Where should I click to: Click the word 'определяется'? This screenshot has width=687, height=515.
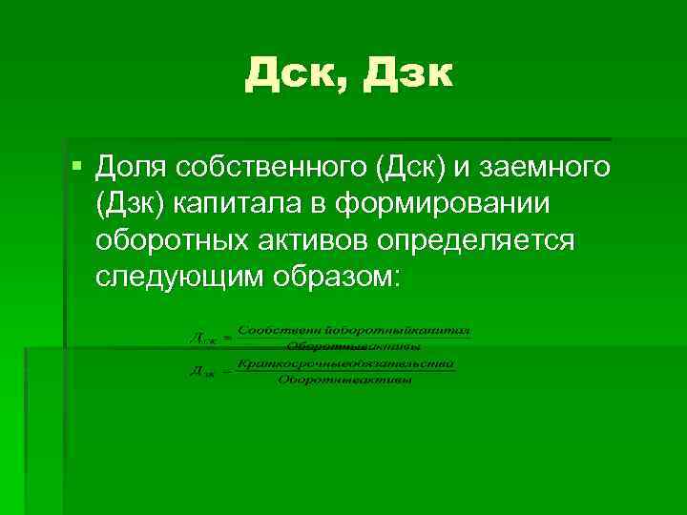tap(476, 239)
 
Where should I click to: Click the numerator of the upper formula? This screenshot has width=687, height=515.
tap(354, 330)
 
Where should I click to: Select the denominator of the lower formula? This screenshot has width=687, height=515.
tap(345, 381)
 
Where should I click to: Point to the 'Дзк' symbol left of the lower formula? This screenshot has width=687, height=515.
tap(201, 373)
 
